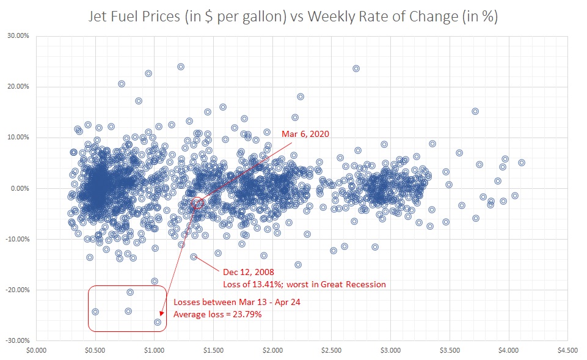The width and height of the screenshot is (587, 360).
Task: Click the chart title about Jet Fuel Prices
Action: [293, 17]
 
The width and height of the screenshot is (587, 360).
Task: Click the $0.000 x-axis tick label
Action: [37, 351]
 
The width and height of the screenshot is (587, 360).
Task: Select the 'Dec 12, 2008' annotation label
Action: [249, 272]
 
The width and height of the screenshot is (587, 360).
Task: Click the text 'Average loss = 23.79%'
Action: [218, 314]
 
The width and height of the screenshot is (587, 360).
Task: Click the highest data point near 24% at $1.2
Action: [181, 67]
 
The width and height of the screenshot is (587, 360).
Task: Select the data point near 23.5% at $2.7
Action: [356, 68]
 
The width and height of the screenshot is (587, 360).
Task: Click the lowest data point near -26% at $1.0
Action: [158, 322]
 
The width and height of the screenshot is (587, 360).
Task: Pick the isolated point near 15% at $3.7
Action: [475, 111]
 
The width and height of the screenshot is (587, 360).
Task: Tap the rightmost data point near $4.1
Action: [522, 163]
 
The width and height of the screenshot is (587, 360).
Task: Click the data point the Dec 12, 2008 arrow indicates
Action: [194, 257]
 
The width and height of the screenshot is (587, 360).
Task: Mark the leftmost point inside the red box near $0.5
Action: [95, 312]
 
